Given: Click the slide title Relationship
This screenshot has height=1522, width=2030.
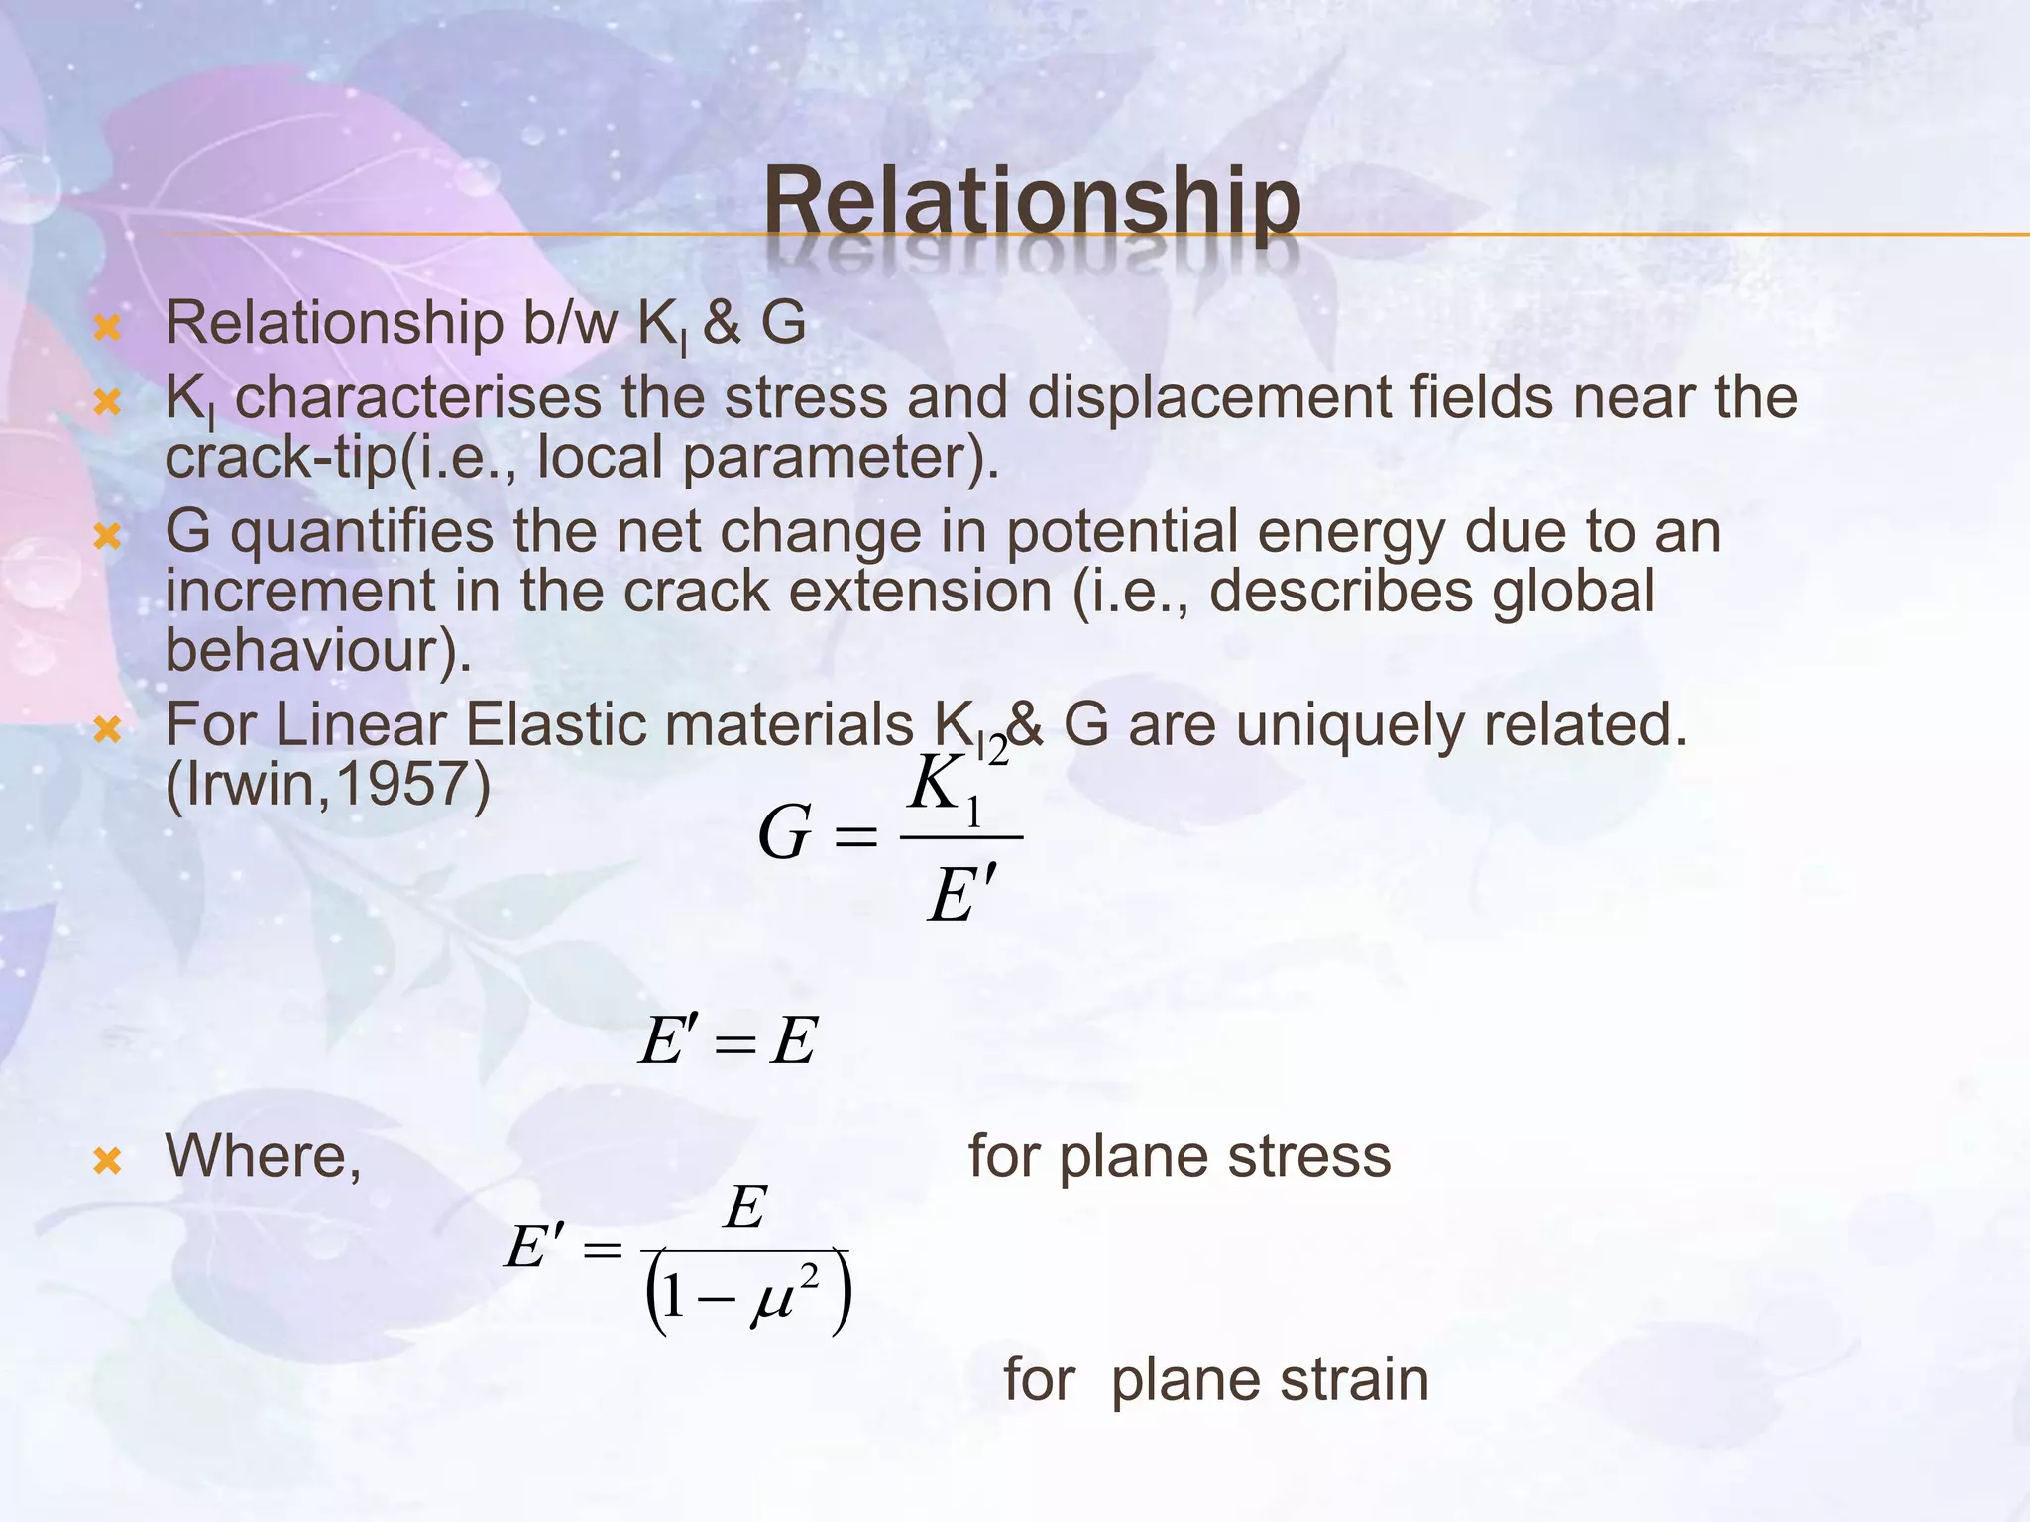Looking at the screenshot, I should click(1032, 203).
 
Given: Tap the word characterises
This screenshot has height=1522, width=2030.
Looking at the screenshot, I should click(417, 398).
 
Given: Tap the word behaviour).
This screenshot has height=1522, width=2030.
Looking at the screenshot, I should click(318, 651).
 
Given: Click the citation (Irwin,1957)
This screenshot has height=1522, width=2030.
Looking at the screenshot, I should click(327, 785).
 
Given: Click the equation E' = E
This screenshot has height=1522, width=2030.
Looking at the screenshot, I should click(728, 1041).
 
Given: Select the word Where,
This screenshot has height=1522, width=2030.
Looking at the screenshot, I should click(264, 1156).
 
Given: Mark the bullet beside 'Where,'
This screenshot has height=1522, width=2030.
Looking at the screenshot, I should click(107, 1160).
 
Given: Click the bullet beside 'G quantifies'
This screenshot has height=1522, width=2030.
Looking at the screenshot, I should click(107, 536).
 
